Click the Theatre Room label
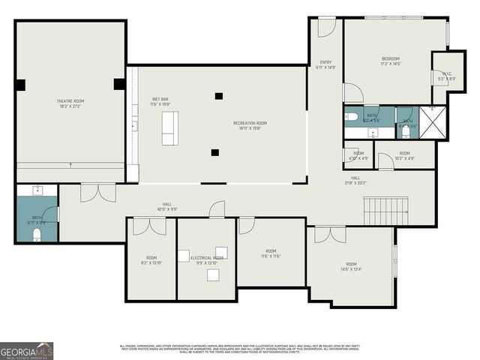tap(70, 103)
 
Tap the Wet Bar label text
tap(160, 102)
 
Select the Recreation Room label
tap(250, 125)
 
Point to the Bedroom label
tap(390, 61)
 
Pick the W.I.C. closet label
tap(446, 76)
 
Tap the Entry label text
tap(325, 64)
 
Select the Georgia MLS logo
tap(26, 350)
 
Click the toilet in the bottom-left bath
tap(37, 235)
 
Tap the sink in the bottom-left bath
tap(37, 190)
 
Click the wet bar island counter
tap(169, 128)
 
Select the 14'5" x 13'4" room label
tap(351, 267)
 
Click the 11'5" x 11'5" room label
tap(271, 253)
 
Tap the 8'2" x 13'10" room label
tap(151, 260)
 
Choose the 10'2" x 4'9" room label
tap(404, 155)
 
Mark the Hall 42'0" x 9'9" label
tap(166, 206)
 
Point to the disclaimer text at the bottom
tap(240, 348)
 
